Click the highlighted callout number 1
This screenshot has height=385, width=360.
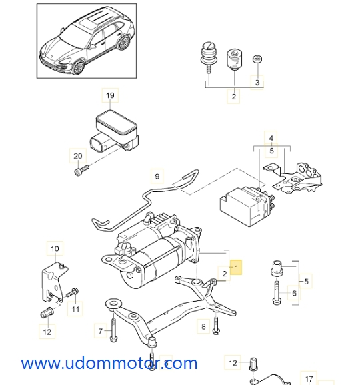[x=236, y=267]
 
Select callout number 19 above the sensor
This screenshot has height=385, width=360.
[x=110, y=95]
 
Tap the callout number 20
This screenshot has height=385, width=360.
[x=77, y=156]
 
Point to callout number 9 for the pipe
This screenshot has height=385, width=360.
[x=157, y=176]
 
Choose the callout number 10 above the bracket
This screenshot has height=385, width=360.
[x=55, y=248]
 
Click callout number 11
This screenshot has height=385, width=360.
[x=75, y=309]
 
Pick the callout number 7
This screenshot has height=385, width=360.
[x=100, y=331]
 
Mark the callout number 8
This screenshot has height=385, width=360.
[x=203, y=326]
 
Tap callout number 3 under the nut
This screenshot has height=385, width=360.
[x=257, y=82]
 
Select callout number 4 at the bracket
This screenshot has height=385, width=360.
[x=271, y=138]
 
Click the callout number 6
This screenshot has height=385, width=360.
[x=294, y=293]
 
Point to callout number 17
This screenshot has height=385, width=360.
[x=309, y=379]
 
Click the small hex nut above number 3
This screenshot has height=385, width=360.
[x=257, y=59]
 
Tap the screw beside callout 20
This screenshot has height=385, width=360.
[x=81, y=171]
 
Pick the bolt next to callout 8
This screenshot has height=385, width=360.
[x=216, y=326]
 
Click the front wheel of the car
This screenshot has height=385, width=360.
[x=78, y=67]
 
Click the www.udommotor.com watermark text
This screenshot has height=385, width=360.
[x=109, y=364]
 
